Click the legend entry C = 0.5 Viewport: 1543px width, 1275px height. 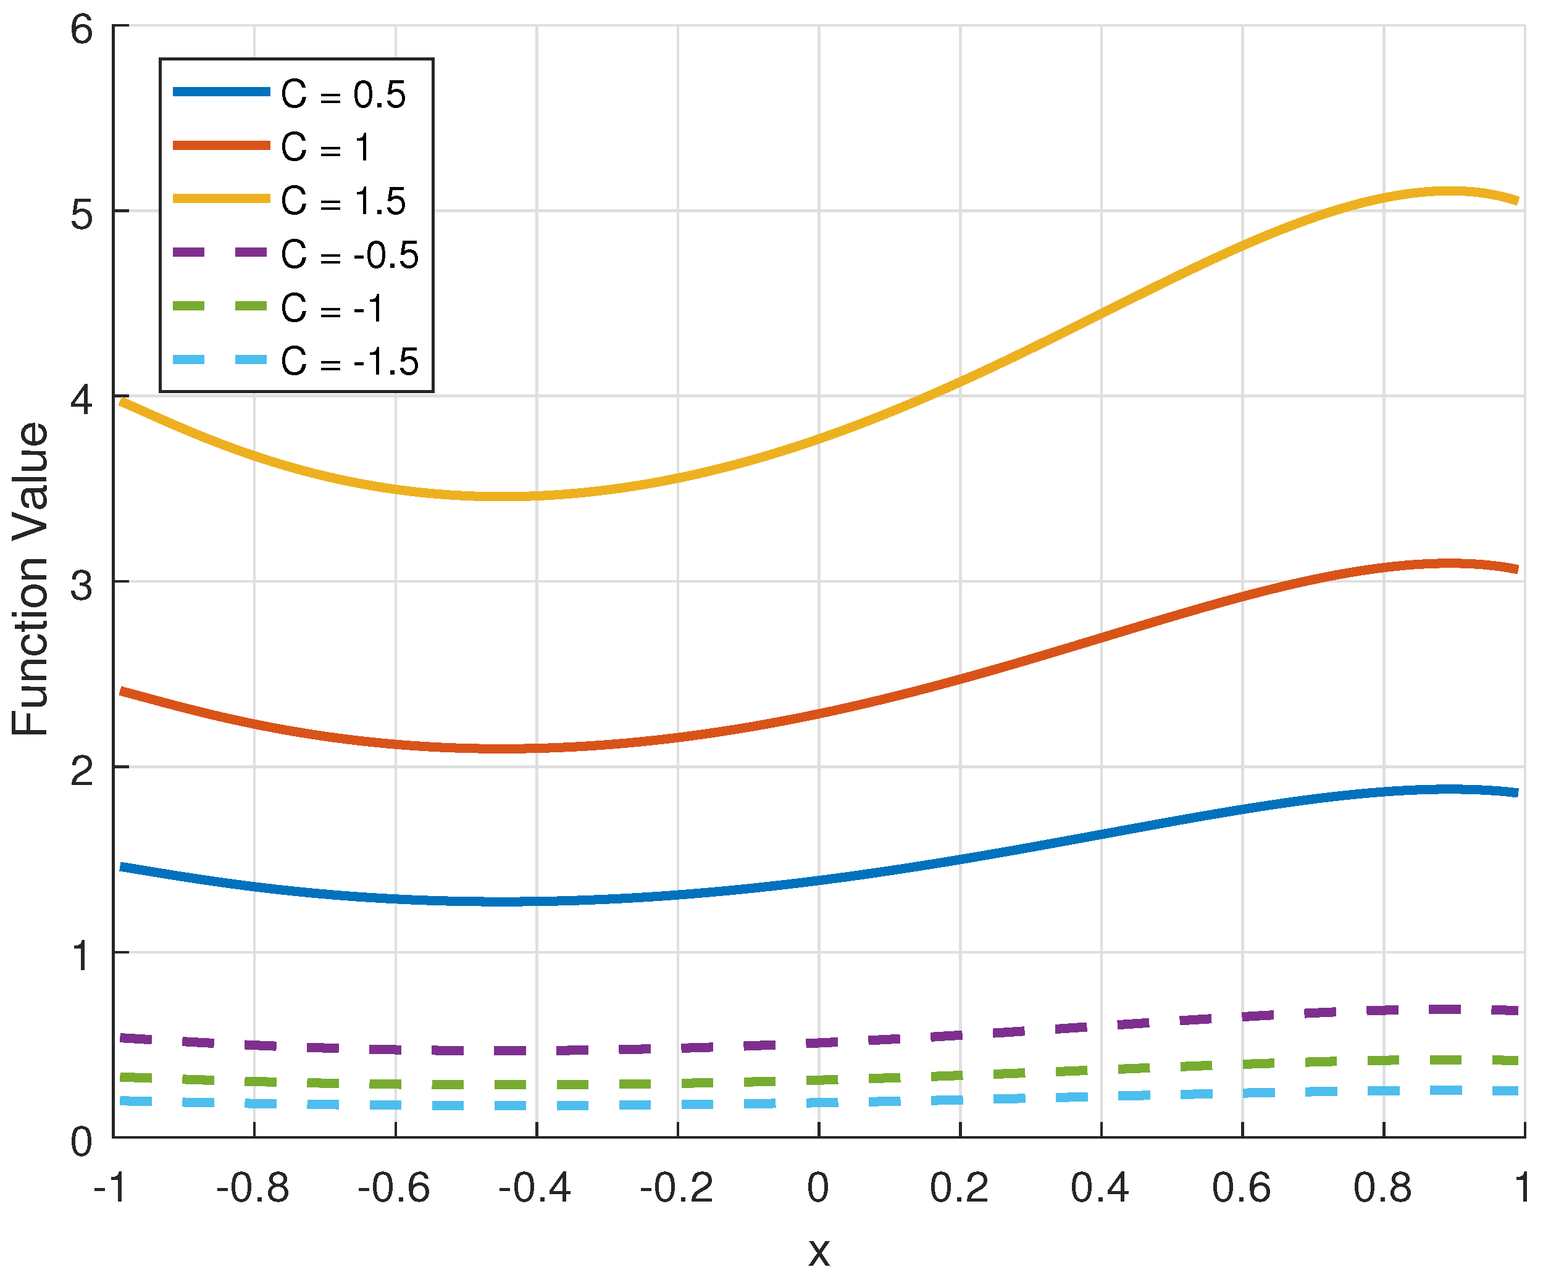pyautogui.click(x=343, y=94)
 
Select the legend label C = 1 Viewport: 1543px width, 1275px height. pyautogui.click(x=325, y=147)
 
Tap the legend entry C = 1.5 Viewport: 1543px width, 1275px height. pyautogui.click(x=343, y=201)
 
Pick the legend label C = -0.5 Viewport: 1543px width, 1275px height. pyautogui.click(x=349, y=255)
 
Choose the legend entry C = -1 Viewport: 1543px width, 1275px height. pyautogui.click(x=332, y=309)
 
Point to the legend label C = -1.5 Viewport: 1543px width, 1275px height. pyautogui.click(x=349, y=362)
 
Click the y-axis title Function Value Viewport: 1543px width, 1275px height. pyautogui.click(x=31, y=579)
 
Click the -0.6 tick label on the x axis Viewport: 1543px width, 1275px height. pyautogui.click(x=395, y=1187)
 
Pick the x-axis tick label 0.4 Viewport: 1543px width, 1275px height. pyautogui.click(x=1100, y=1187)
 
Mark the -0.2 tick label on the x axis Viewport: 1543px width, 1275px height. pyautogui.click(x=677, y=1187)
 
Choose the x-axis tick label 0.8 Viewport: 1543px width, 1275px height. pyautogui.click(x=1382, y=1187)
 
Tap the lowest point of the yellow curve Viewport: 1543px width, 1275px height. pyautogui.click(x=514, y=497)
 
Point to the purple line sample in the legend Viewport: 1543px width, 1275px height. pyautogui.click(x=220, y=252)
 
